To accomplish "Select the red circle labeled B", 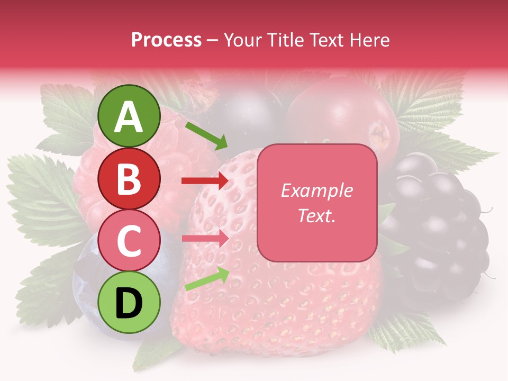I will [x=129, y=179].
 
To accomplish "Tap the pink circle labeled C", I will [x=129, y=241].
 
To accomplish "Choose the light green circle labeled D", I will [x=129, y=303].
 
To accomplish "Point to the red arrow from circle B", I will [x=205, y=181].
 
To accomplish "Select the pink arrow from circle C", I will [x=205, y=239].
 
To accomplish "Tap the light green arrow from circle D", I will [x=206, y=279].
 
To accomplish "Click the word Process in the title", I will [x=166, y=40].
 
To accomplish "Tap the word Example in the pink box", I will [x=316, y=190].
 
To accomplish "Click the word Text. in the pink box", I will [x=316, y=216].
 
